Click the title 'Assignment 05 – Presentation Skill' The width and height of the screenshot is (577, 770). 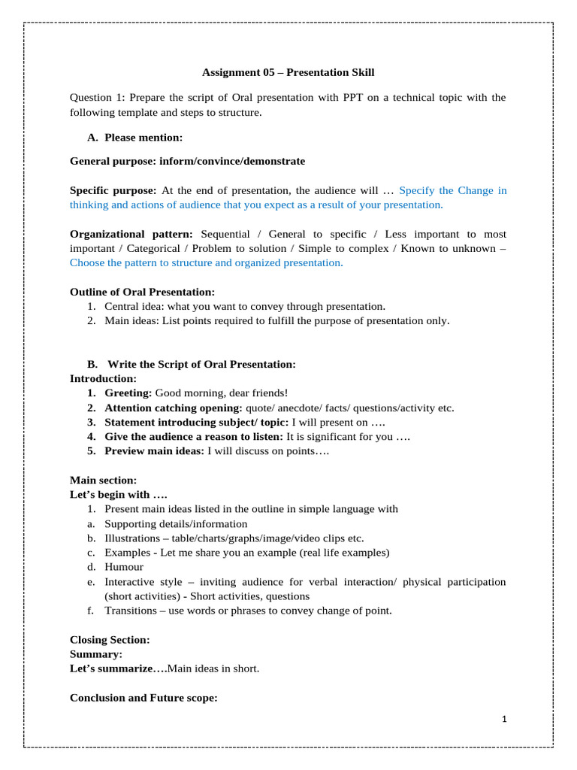pyautogui.click(x=288, y=72)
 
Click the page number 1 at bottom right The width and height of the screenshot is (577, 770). pyautogui.click(x=505, y=720)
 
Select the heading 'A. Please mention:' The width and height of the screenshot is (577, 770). pyautogui.click(x=134, y=137)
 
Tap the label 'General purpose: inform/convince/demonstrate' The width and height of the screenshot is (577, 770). pyautogui.click(x=187, y=161)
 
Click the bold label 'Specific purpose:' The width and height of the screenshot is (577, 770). pyautogui.click(x=113, y=190)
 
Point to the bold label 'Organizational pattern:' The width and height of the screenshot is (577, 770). pyautogui.click(x=131, y=234)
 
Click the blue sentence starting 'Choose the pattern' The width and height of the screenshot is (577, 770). pyautogui.click(x=206, y=262)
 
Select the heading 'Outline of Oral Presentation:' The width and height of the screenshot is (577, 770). pyautogui.click(x=142, y=292)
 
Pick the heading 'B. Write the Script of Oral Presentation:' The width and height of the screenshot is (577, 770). pyautogui.click(x=192, y=364)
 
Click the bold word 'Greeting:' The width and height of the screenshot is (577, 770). pyautogui.click(x=128, y=393)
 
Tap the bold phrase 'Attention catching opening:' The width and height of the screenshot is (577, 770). pyautogui.click(x=174, y=408)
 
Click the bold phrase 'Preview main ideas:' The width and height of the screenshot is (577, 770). pyautogui.click(x=154, y=451)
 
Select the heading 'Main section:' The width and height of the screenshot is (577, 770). pyautogui.click(x=103, y=480)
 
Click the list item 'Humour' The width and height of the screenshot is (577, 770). pyautogui.click(x=124, y=567)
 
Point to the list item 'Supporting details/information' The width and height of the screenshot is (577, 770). pyautogui.click(x=176, y=523)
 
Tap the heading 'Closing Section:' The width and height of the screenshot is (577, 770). pyautogui.click(x=110, y=639)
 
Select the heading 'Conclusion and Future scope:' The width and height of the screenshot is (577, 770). pyautogui.click(x=143, y=697)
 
